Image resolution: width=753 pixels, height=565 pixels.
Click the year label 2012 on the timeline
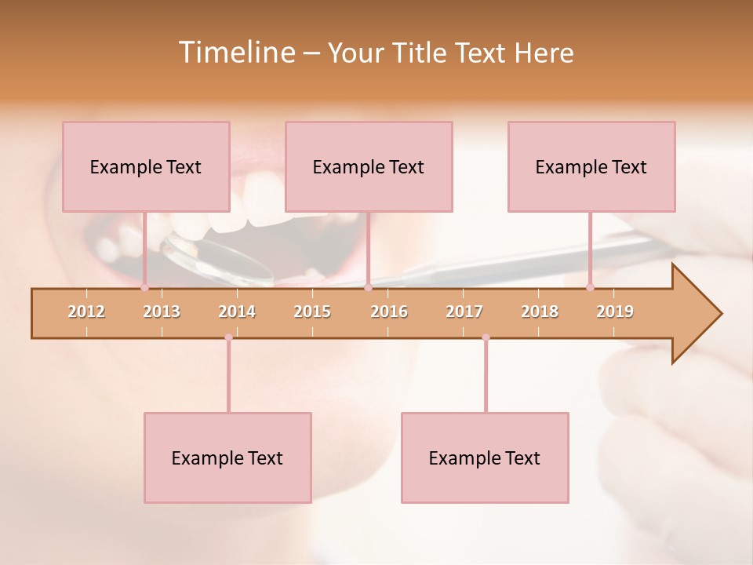point(86,312)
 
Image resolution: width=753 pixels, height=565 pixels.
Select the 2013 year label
point(162,312)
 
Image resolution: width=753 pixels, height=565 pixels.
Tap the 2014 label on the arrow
point(237,312)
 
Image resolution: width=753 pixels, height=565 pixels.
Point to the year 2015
point(312,312)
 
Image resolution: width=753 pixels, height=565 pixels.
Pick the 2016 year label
point(389,312)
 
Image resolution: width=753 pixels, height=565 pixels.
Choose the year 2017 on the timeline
point(464,312)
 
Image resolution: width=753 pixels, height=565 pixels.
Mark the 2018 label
point(540,312)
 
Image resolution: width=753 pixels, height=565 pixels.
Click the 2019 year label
point(615,312)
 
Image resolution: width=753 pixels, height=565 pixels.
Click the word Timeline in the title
point(235,53)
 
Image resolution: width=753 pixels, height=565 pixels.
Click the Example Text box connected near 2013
point(146,166)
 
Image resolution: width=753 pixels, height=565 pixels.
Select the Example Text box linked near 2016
point(369,166)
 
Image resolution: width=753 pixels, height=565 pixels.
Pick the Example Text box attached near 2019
point(591,166)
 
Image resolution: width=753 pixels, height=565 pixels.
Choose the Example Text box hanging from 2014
point(227,457)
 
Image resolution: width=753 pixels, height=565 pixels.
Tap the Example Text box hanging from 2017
point(485,457)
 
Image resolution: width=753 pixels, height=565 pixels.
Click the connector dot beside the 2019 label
point(591,287)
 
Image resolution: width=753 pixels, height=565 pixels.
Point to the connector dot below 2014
point(228,337)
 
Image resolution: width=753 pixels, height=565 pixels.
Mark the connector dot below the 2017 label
point(486,337)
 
